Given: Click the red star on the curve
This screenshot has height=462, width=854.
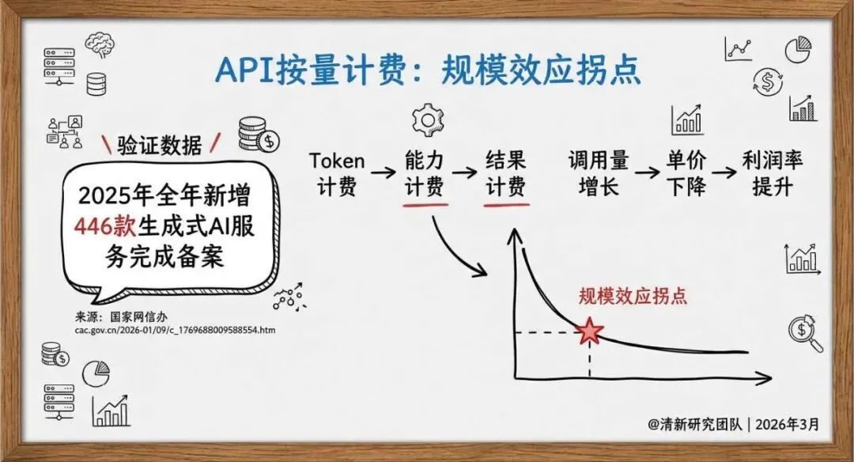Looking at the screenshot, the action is (589, 331).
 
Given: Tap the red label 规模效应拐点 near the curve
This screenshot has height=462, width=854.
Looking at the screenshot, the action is (632, 296).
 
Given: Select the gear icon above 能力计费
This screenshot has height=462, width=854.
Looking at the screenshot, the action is (425, 120).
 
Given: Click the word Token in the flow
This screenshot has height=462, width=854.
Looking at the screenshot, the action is (337, 161).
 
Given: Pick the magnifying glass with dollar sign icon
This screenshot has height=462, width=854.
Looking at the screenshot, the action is (804, 333).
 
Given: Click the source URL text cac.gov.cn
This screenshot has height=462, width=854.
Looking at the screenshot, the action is (175, 330).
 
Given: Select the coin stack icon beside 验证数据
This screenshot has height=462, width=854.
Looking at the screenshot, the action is (258, 135).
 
